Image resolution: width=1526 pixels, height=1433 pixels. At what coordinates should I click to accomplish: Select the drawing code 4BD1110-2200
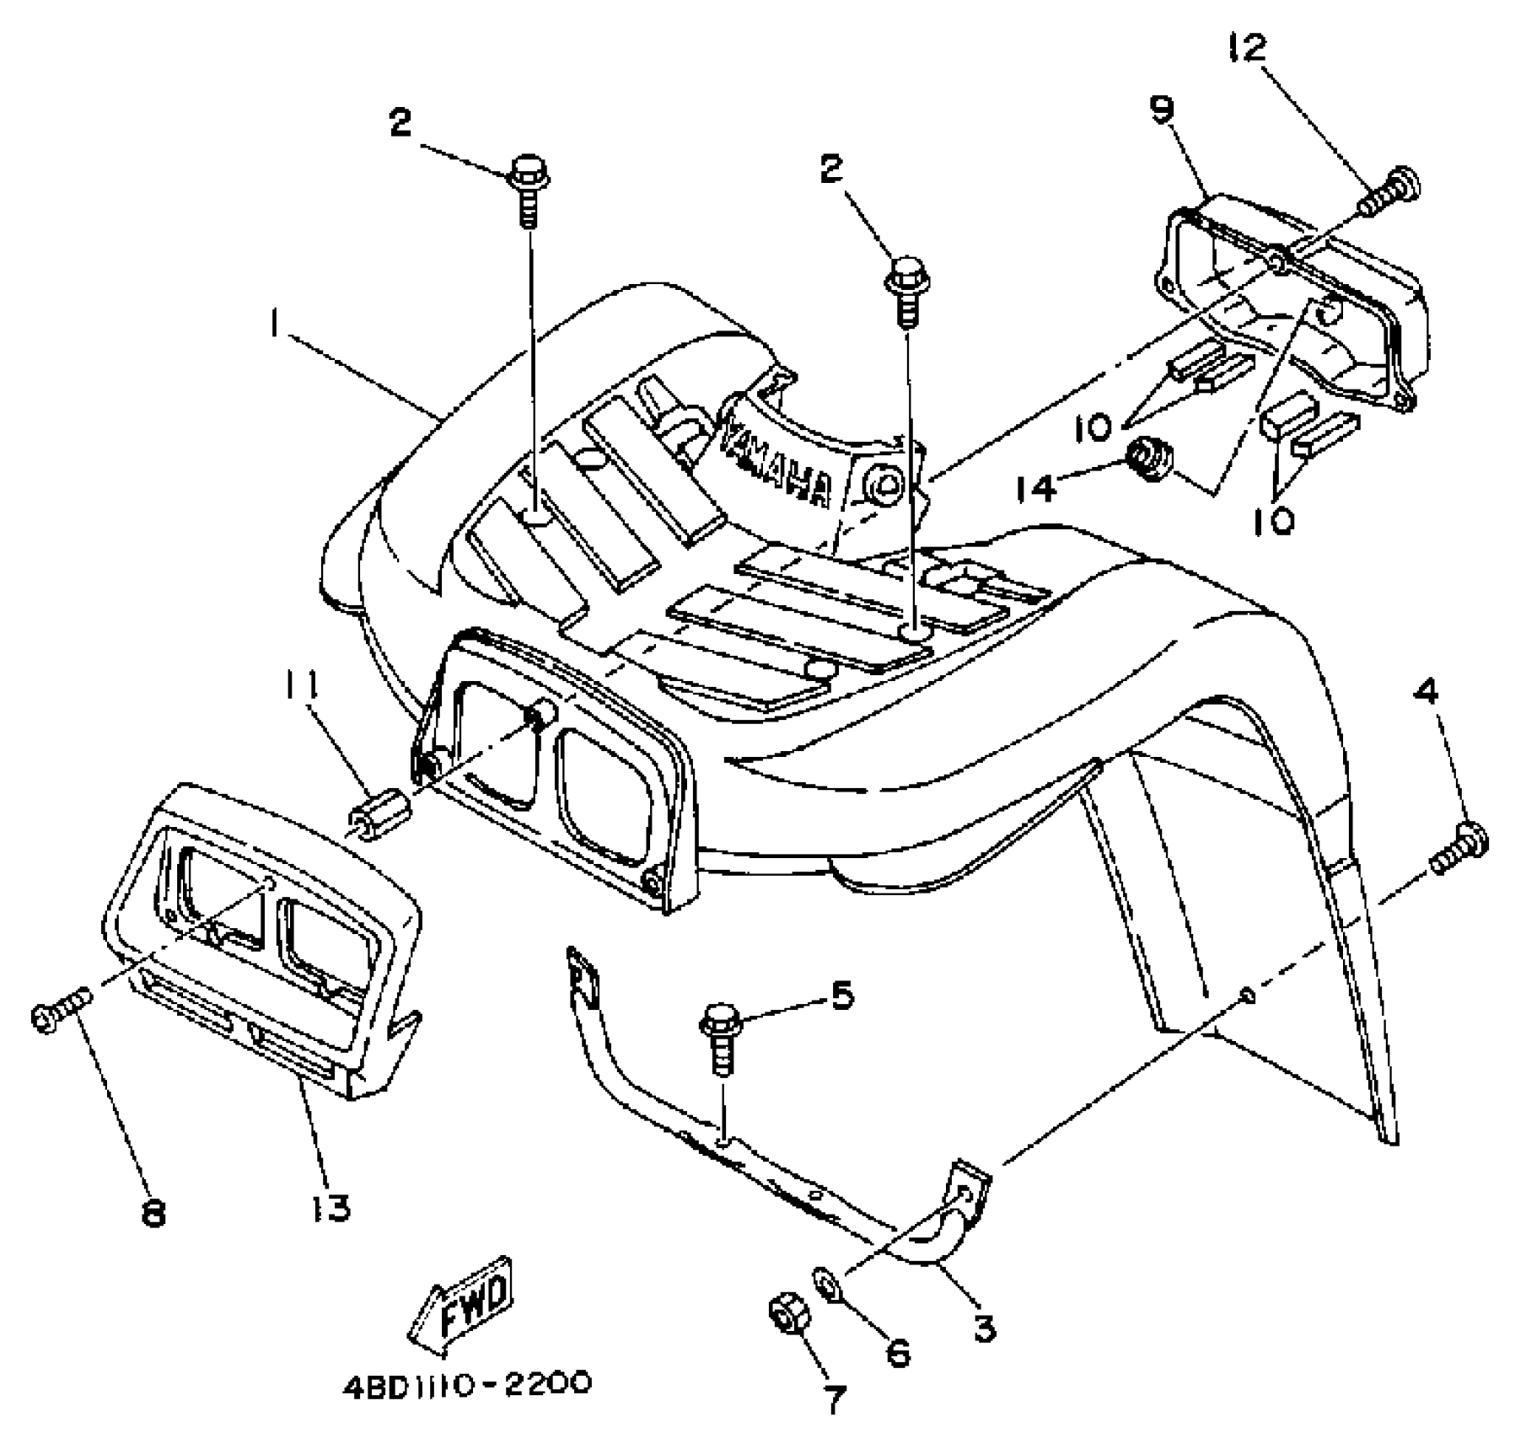(467, 1385)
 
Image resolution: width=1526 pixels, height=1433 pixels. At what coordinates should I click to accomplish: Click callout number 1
(275, 324)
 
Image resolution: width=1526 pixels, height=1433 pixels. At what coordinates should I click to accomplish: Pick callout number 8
(154, 1215)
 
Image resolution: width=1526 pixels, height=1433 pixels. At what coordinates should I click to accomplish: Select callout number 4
(1427, 694)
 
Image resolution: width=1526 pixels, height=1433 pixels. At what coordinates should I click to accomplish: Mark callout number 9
(1163, 110)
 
